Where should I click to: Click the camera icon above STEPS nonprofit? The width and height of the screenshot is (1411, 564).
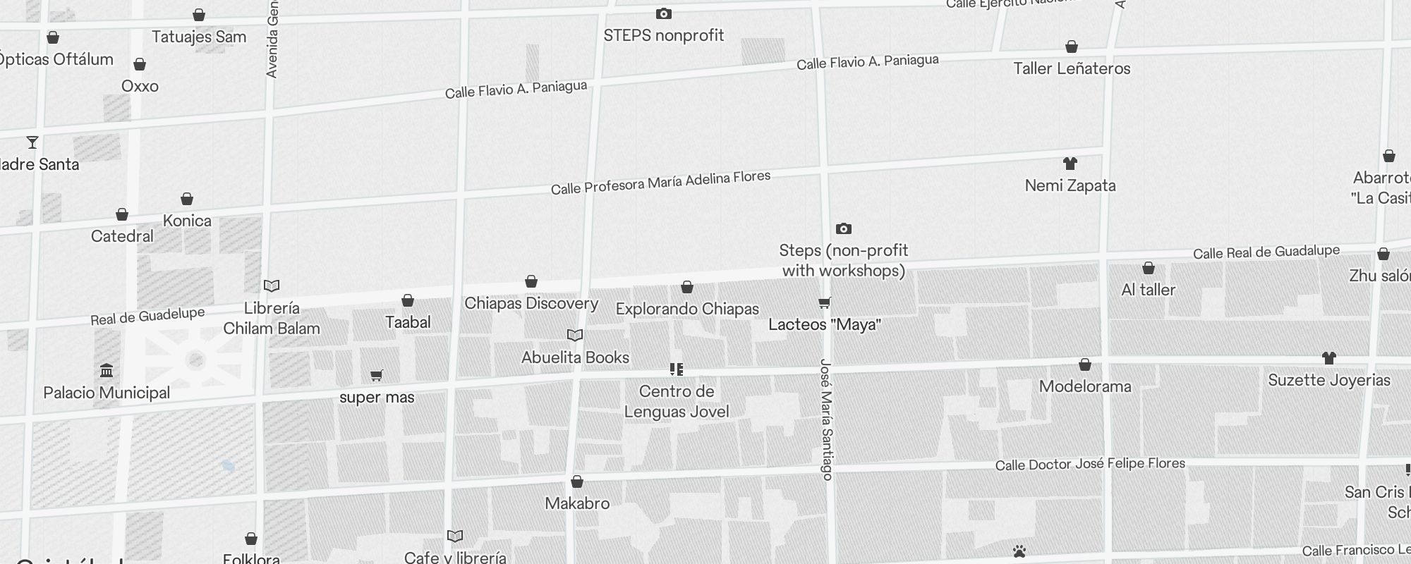(x=663, y=14)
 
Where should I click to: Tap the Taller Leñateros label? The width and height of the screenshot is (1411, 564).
(x=1072, y=68)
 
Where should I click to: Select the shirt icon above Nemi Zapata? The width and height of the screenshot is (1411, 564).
(x=1070, y=164)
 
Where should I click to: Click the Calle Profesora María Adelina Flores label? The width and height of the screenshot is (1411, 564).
(x=660, y=183)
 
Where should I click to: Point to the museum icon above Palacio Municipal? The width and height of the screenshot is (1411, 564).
(x=107, y=371)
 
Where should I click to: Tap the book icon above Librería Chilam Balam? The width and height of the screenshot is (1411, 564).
(x=272, y=286)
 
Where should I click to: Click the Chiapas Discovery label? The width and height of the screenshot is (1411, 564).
(x=531, y=303)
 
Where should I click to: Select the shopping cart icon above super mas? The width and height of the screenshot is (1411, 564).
(x=377, y=375)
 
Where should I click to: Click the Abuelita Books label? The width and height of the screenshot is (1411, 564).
(x=575, y=357)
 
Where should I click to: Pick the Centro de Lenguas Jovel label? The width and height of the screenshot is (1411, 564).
(x=677, y=401)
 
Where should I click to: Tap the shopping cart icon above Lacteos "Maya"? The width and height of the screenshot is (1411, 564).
(x=824, y=303)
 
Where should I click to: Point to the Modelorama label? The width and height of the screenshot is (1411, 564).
(x=1085, y=386)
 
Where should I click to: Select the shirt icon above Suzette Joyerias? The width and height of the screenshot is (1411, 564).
(x=1329, y=358)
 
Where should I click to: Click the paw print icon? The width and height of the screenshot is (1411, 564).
(x=1019, y=551)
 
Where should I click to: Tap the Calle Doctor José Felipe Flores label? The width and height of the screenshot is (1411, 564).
(x=1090, y=464)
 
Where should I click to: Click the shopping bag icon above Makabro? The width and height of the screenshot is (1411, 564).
(x=577, y=482)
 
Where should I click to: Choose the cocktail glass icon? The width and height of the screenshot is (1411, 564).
(x=32, y=142)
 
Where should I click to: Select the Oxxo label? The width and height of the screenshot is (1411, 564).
(x=140, y=86)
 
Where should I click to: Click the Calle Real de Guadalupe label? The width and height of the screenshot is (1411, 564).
(x=1266, y=252)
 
